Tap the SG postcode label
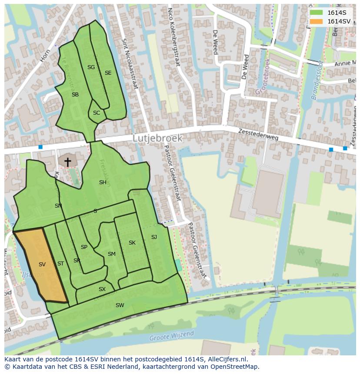tap(91, 67)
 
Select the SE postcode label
tap(108, 73)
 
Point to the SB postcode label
tap(75, 95)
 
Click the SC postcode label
tap(97, 113)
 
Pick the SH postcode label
tap(103, 182)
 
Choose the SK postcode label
tap(132, 243)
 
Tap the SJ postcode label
tap(154, 237)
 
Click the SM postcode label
tap(112, 254)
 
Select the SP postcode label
tap(84, 247)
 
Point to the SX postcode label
tap(102, 289)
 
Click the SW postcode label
tap(120, 305)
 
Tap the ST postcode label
tap(60, 264)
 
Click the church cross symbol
tap(67, 162)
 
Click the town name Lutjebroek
tap(157, 138)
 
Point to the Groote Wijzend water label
tap(172, 336)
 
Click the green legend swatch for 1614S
tap(316, 13)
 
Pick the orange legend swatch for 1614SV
tap(316, 21)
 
